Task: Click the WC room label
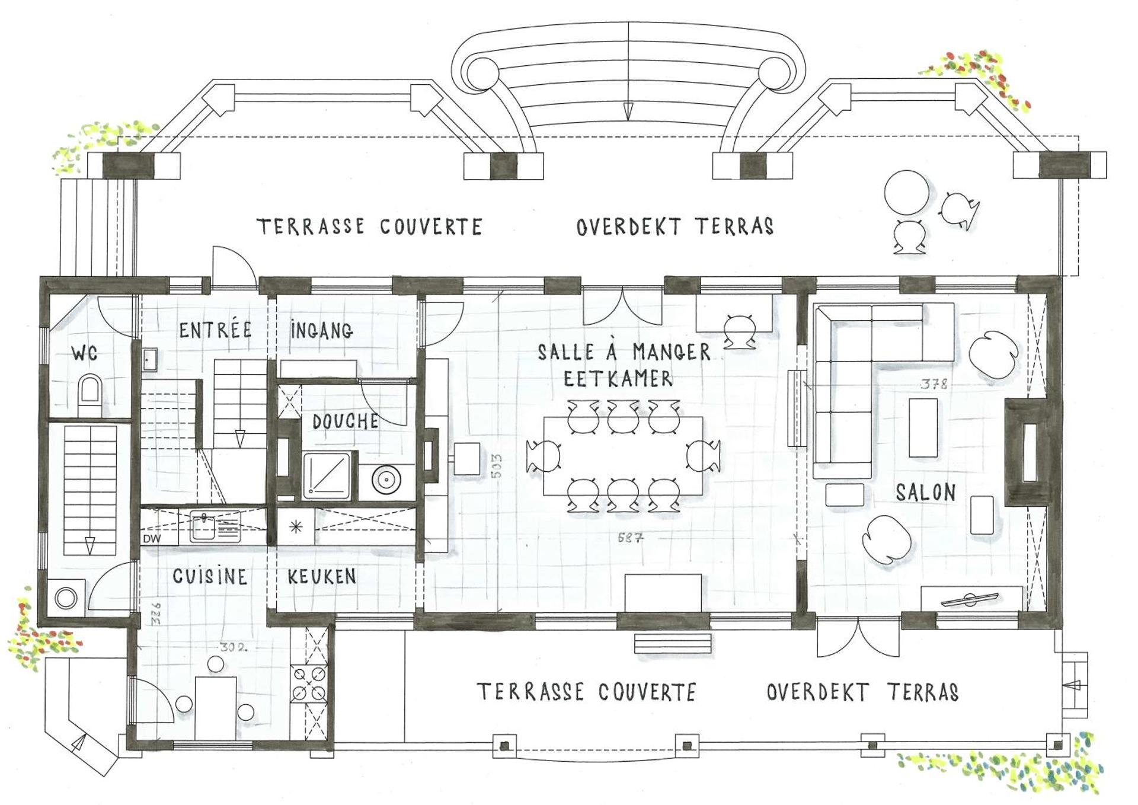click(x=85, y=354)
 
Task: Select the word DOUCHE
click(x=346, y=422)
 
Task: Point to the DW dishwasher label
click(x=152, y=539)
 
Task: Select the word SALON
click(x=925, y=492)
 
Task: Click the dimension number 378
click(x=934, y=384)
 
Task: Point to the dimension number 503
click(x=497, y=466)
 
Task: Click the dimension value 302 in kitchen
click(x=233, y=648)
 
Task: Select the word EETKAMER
click(x=618, y=379)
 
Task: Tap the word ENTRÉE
click(x=216, y=330)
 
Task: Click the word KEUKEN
click(x=322, y=577)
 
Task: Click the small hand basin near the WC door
click(x=149, y=359)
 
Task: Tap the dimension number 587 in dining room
click(x=630, y=538)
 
